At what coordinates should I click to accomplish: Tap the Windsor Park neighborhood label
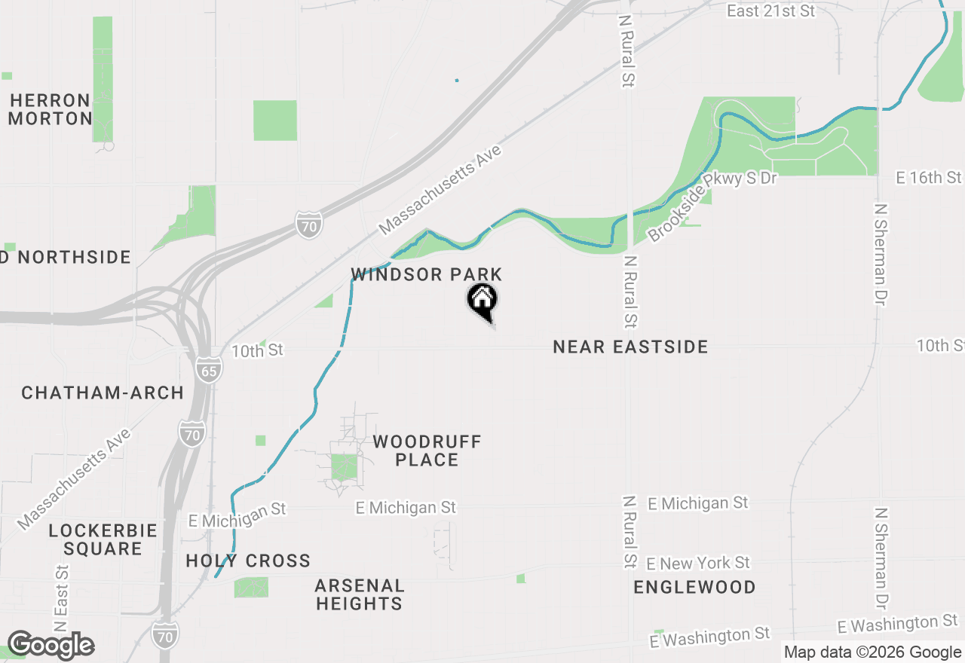pyautogui.click(x=427, y=274)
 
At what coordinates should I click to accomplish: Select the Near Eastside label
pyautogui.click(x=630, y=347)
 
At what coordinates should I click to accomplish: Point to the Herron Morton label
pyautogui.click(x=51, y=109)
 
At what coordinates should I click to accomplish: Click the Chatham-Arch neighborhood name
pyautogui.click(x=103, y=393)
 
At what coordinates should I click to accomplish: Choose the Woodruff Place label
pyautogui.click(x=427, y=451)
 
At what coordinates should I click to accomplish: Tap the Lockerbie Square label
pyautogui.click(x=103, y=539)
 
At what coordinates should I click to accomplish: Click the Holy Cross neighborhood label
pyautogui.click(x=248, y=561)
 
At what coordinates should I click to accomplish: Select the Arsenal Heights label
pyautogui.click(x=360, y=594)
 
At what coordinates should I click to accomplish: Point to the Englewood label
pyautogui.click(x=694, y=587)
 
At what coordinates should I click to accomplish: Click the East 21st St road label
pyautogui.click(x=770, y=11)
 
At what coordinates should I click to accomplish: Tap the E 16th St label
pyautogui.click(x=929, y=178)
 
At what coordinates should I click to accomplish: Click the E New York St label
pyautogui.click(x=698, y=564)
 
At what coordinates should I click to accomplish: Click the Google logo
pyautogui.click(x=51, y=646)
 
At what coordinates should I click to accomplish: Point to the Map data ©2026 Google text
pyautogui.click(x=872, y=652)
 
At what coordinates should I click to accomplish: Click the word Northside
pyautogui.click(x=75, y=257)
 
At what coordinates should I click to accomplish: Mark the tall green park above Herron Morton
pyautogui.click(x=103, y=78)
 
